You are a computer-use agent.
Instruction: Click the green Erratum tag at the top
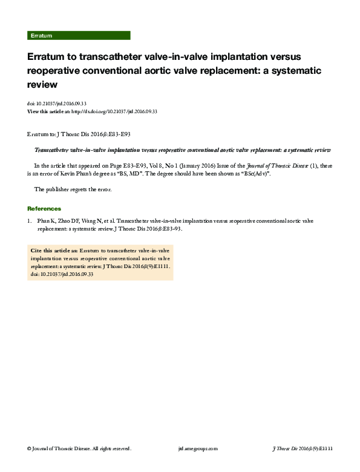(x=41, y=36)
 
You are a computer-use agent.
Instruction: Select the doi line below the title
(x=61, y=104)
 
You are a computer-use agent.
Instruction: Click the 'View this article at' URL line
(x=93, y=111)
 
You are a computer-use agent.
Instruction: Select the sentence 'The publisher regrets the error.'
(x=73, y=189)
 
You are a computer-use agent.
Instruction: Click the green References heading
(x=48, y=209)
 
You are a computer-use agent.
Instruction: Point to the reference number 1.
(x=30, y=221)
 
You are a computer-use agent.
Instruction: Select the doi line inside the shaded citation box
(x=62, y=274)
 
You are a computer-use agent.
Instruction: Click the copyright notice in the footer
(x=79, y=448)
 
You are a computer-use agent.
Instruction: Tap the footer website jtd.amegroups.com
(x=198, y=448)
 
